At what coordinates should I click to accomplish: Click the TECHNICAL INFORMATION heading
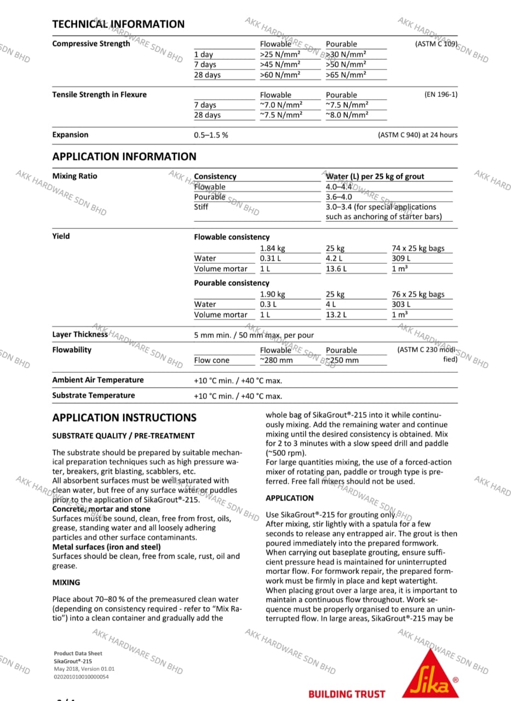tap(118, 24)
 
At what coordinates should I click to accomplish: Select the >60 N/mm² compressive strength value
tap(280, 75)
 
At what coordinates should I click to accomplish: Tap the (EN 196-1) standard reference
tap(441, 95)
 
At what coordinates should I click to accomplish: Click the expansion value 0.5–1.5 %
tap(211, 135)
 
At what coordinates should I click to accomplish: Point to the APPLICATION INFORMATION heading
tap(124, 157)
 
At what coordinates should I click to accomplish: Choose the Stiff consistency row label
tap(201, 207)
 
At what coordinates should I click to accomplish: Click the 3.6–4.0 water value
tap(339, 197)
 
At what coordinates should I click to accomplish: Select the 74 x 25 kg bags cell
tap(418, 249)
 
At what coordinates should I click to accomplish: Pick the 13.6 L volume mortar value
tap(336, 269)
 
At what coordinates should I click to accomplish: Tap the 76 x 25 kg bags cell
tap(418, 295)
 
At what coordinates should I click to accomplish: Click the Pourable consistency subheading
tap(232, 283)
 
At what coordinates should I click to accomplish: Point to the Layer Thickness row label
tap(80, 335)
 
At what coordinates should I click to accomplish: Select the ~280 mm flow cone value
tap(276, 360)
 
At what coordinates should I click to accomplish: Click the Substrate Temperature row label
tap(93, 395)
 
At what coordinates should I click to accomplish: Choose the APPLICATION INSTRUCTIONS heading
tap(124, 418)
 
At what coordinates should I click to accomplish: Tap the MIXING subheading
tap(66, 583)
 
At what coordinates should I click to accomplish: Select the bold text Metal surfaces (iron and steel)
tap(106, 547)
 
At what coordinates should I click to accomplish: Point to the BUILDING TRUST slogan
tap(347, 694)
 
